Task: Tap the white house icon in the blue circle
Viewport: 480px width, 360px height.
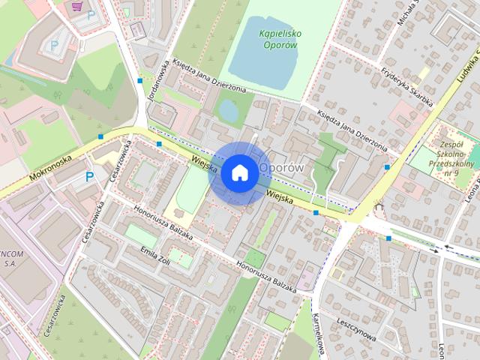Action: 239,172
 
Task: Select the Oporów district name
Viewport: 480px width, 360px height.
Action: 282,167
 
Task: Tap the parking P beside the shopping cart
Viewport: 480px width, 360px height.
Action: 90,15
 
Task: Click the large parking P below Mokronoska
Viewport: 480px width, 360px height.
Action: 89,177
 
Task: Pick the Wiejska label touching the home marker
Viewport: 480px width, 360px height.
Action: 203,163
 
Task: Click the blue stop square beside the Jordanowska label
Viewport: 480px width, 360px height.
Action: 140,80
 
